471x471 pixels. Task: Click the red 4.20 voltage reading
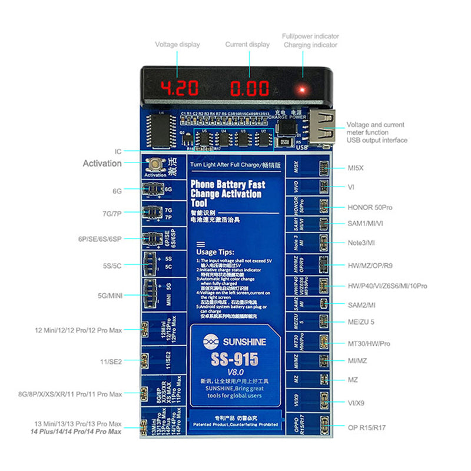click(180, 89)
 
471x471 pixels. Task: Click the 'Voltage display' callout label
click(177, 44)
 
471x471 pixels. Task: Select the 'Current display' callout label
click(247, 44)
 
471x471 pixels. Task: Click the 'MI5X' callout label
click(356, 168)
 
